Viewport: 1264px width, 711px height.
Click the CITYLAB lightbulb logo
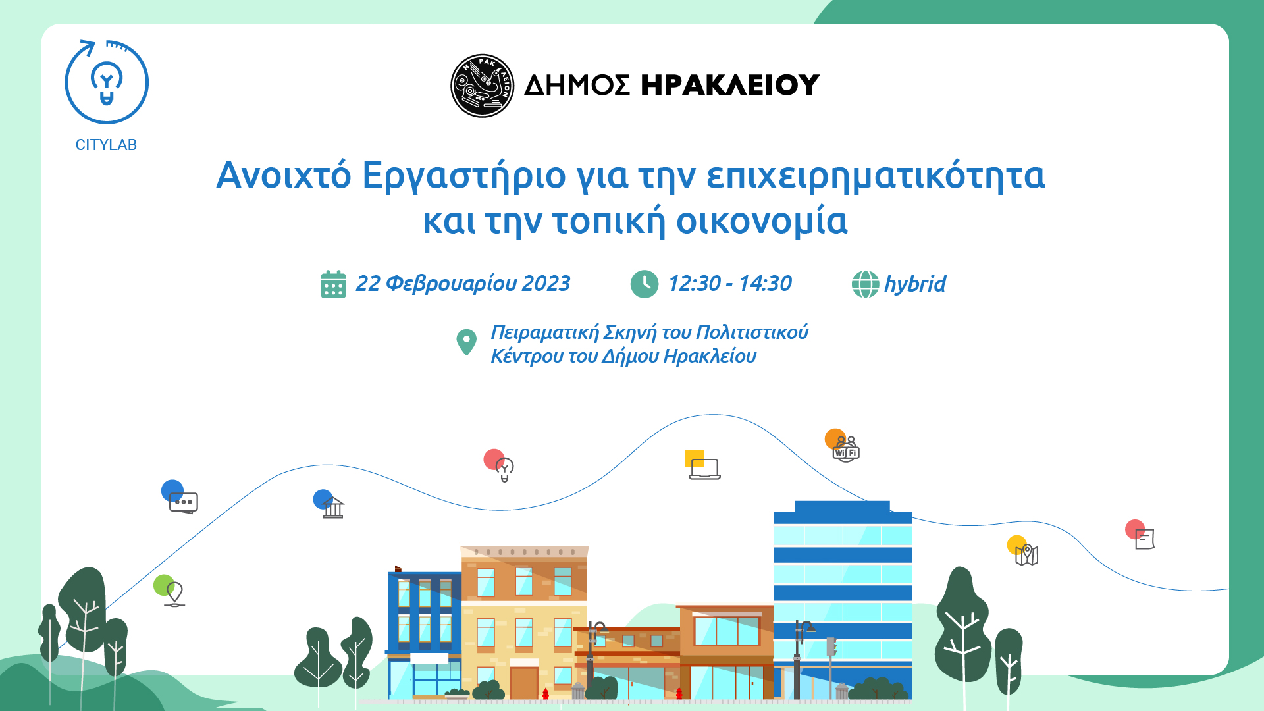[x=107, y=82]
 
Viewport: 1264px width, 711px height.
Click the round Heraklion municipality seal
[x=482, y=86]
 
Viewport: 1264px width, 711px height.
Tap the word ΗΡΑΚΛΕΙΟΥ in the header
[x=730, y=85]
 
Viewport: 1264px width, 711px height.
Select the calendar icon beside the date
[x=333, y=284]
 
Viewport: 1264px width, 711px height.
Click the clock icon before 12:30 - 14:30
[x=644, y=284]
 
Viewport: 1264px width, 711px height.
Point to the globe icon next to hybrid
[x=865, y=284]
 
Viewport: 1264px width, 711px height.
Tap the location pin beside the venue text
[x=466, y=342]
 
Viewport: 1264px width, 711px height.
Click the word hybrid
[x=915, y=284]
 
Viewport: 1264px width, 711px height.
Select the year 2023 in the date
[x=546, y=284]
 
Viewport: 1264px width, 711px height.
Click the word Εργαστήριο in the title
[x=463, y=176]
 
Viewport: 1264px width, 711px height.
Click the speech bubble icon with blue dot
[x=183, y=502]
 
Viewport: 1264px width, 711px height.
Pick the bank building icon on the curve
[x=333, y=508]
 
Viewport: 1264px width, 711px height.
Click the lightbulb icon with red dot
[x=504, y=469]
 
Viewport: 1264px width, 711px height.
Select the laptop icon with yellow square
[x=704, y=469]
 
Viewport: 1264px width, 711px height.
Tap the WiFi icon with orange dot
[x=846, y=450]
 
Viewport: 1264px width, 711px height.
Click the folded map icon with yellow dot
[x=1026, y=555]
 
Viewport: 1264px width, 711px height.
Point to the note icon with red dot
[x=1145, y=539]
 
